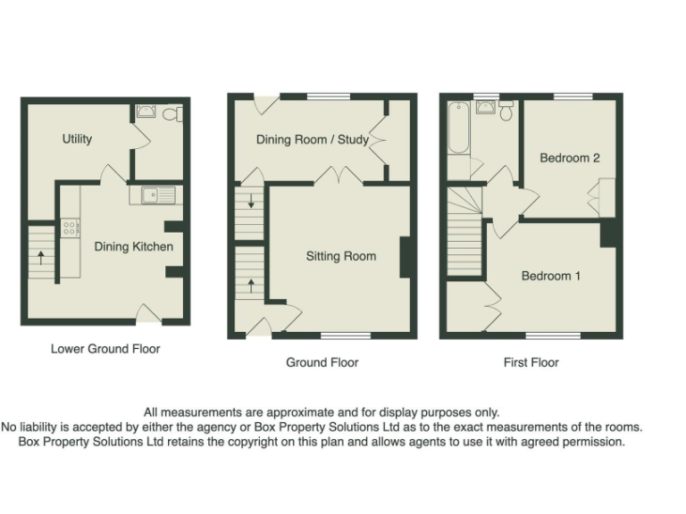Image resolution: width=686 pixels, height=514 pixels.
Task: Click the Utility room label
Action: [x=77, y=139]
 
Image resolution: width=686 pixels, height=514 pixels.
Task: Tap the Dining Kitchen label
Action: [x=134, y=247]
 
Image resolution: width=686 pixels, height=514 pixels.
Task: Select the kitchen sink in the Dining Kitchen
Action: [x=154, y=194]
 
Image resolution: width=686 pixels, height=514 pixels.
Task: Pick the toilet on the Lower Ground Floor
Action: [x=175, y=113]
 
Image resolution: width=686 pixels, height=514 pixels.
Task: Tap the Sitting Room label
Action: [x=341, y=256]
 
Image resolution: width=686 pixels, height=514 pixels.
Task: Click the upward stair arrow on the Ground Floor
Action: [x=251, y=285]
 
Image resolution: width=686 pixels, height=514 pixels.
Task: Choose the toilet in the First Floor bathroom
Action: [x=506, y=111]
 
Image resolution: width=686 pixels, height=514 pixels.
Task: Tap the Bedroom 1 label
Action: [x=551, y=276]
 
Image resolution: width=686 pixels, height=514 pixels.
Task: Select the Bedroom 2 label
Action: [x=570, y=158]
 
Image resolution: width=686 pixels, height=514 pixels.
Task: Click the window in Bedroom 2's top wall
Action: [x=572, y=95]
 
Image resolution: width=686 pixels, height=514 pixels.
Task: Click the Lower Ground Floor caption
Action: [x=105, y=349]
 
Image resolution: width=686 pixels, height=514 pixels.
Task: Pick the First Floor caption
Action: [x=531, y=362]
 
